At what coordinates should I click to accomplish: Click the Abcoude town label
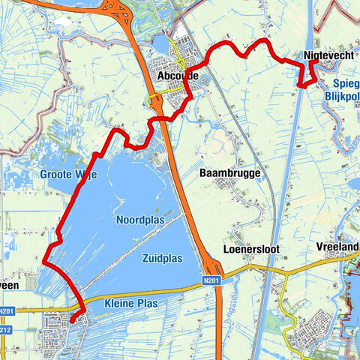tap(177, 76)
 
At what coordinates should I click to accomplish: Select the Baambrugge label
tap(230, 173)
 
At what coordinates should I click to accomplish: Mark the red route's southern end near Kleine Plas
tap(72, 320)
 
